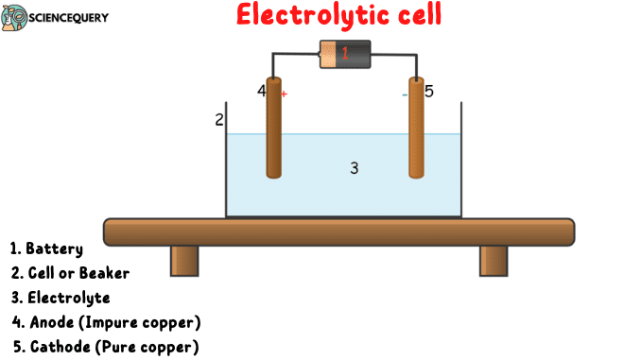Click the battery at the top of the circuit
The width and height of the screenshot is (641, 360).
tap(344, 54)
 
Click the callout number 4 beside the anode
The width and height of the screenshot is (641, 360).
tap(261, 91)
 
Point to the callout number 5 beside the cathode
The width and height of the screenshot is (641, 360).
tap(428, 92)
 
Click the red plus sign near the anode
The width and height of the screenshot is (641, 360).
tap(284, 94)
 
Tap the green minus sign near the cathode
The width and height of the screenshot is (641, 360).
tap(405, 94)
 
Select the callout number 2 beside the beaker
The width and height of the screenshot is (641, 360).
tap(219, 120)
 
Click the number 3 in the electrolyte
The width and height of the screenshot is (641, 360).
tap(354, 168)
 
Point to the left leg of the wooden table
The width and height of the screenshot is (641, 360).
tap(184, 260)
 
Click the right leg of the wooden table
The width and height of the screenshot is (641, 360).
tap(494, 260)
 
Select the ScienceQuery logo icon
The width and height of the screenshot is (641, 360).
tap(15, 17)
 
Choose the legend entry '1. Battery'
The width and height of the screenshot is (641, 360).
tap(47, 249)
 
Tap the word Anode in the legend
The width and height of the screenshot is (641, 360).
tap(57, 322)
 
